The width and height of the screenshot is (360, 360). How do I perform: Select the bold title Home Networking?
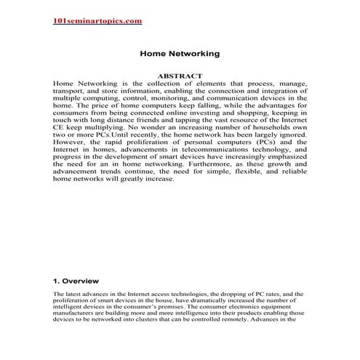pos(179,53)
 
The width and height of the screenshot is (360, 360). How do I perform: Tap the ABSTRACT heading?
pos(180,76)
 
